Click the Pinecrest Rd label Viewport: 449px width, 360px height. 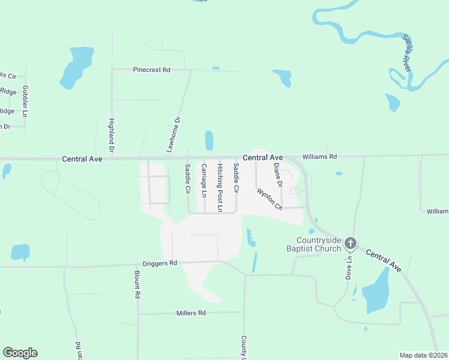[x=151, y=70]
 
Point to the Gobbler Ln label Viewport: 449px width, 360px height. [x=25, y=101]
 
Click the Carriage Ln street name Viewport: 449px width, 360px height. [x=204, y=181]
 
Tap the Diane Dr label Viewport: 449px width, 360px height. [x=277, y=174]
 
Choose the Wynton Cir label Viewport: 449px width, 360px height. [x=270, y=199]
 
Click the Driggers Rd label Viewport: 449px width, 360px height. [x=160, y=263]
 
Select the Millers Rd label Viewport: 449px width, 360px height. [x=191, y=313]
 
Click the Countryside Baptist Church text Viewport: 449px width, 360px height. [x=310, y=244]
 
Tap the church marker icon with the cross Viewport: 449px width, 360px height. [x=351, y=244]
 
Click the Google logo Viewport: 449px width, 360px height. [x=20, y=353]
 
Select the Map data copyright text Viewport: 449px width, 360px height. [x=424, y=355]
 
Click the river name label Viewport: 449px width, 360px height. [x=406, y=53]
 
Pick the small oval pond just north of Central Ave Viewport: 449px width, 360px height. [x=209, y=140]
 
